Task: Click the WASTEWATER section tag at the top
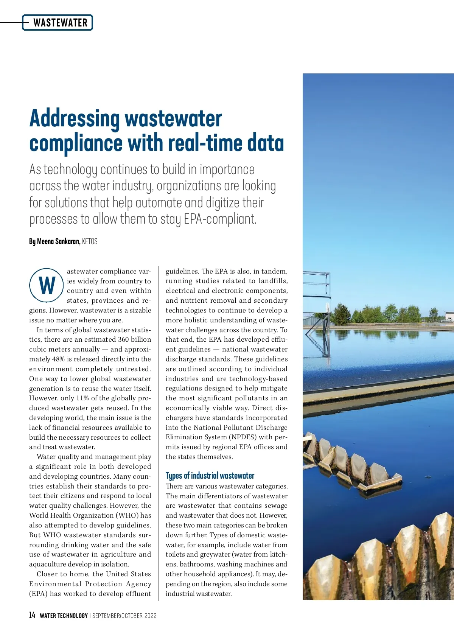coord(60,23)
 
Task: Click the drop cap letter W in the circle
coord(47,285)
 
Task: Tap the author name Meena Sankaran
coord(58,241)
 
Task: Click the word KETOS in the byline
coord(90,241)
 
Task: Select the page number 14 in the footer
coord(32,615)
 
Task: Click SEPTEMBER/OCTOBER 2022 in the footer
coord(124,616)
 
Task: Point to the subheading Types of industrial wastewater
coord(210,476)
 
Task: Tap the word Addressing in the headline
coord(74,118)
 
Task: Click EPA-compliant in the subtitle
coord(220,219)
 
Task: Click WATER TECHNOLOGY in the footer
coord(64,616)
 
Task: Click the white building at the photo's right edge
coord(449,316)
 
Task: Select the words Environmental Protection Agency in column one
coord(90,584)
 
